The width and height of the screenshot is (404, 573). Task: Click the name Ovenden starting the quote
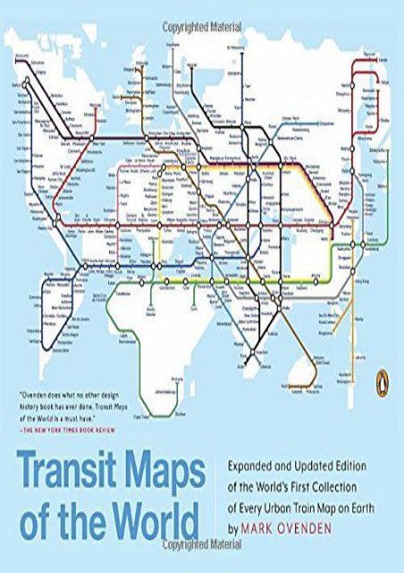coord(38,419)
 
